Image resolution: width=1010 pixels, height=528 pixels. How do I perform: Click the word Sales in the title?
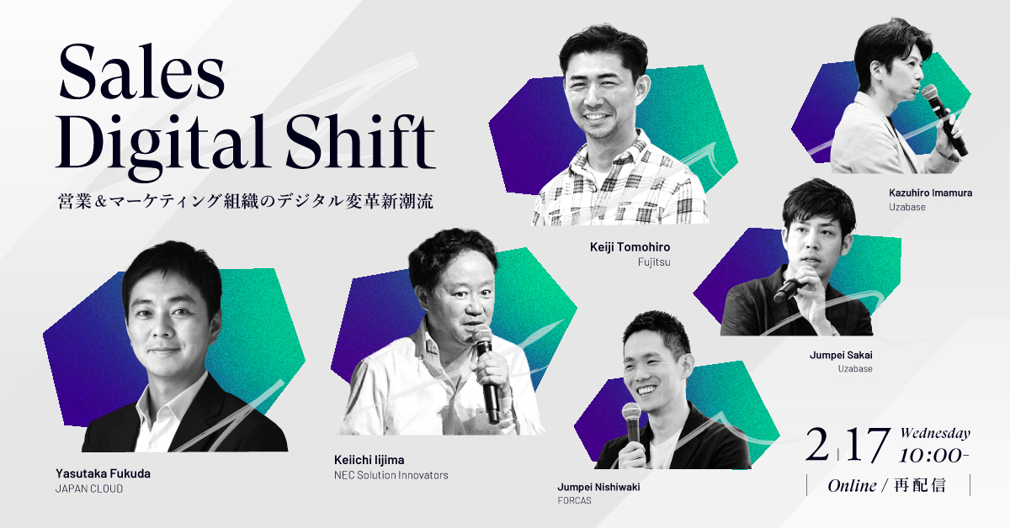[141, 72]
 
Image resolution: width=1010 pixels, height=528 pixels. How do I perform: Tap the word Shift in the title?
[360, 141]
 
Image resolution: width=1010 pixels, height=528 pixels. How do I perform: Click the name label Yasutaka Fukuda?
[103, 473]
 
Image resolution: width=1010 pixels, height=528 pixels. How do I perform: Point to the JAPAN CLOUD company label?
[89, 488]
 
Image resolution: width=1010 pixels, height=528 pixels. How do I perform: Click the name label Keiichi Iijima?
[369, 460]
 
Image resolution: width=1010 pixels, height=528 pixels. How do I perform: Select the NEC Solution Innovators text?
[391, 475]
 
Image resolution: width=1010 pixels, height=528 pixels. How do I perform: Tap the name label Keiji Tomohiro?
[630, 247]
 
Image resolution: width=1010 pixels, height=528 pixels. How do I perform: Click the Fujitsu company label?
[654, 261]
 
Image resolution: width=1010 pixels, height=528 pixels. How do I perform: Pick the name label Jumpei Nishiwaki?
[598, 487]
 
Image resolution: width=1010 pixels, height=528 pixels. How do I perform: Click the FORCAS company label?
[574, 500]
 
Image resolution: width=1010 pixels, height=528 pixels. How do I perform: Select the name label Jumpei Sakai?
[841, 355]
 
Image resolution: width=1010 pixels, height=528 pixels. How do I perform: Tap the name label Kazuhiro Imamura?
[930, 193]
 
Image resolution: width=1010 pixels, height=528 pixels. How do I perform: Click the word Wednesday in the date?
[935, 433]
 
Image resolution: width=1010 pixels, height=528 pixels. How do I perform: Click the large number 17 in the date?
[868, 446]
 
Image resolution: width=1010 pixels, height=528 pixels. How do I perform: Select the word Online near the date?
[852, 486]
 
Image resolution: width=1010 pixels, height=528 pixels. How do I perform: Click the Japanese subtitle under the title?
[245, 202]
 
